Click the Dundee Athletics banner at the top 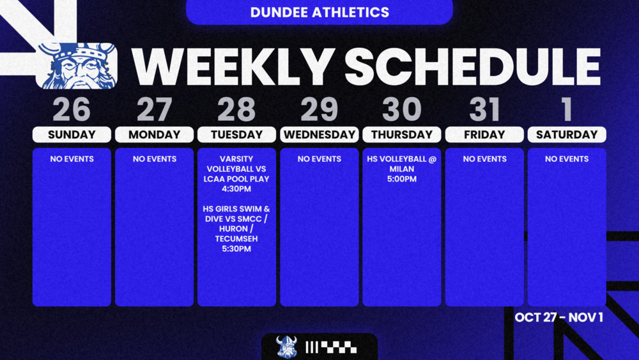[319, 12]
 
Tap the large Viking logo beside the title [77, 65]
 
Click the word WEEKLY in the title [233, 66]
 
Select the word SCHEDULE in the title [473, 66]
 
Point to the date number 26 [72, 110]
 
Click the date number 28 [236, 110]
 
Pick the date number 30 [402, 110]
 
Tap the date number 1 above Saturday [566, 110]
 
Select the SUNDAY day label [72, 135]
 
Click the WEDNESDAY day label [319, 135]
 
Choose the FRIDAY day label [484, 135]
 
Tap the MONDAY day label [154, 135]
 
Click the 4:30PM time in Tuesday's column [236, 189]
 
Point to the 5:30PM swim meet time [236, 249]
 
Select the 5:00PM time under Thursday [402, 179]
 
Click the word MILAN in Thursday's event [402, 169]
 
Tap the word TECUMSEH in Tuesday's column [236, 239]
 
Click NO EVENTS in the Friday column [484, 159]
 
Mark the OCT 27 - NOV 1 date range [558, 317]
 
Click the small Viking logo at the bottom [286, 347]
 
